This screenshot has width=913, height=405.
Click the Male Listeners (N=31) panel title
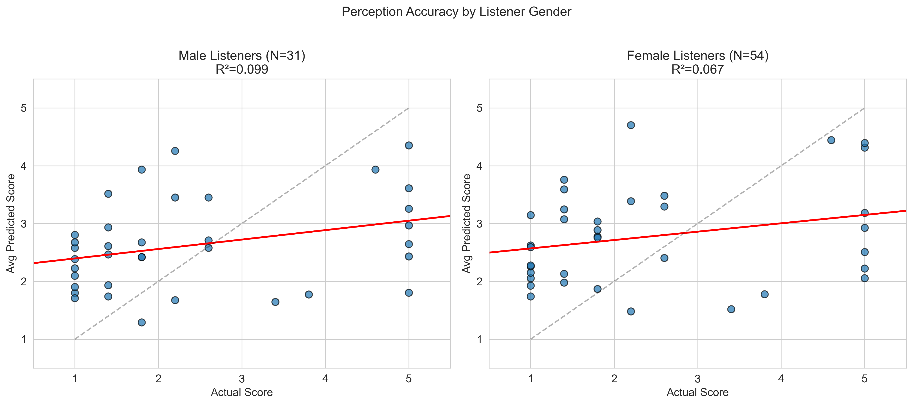[x=242, y=56]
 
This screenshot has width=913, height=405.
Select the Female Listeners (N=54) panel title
[x=698, y=56]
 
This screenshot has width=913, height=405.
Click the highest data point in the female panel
[x=631, y=125]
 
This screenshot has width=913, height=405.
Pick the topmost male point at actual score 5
[x=409, y=145]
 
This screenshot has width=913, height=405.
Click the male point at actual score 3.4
[x=275, y=302]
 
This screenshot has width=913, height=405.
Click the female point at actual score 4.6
[x=831, y=140]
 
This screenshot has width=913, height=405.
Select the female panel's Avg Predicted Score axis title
[x=467, y=224]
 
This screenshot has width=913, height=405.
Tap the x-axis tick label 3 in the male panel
[x=242, y=379]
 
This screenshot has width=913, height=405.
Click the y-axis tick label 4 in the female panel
[x=480, y=166]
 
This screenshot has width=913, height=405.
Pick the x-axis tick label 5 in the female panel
[x=864, y=379]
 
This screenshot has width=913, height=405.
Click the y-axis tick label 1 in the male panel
[x=24, y=339]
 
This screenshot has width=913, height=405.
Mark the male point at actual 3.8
[x=309, y=294]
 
